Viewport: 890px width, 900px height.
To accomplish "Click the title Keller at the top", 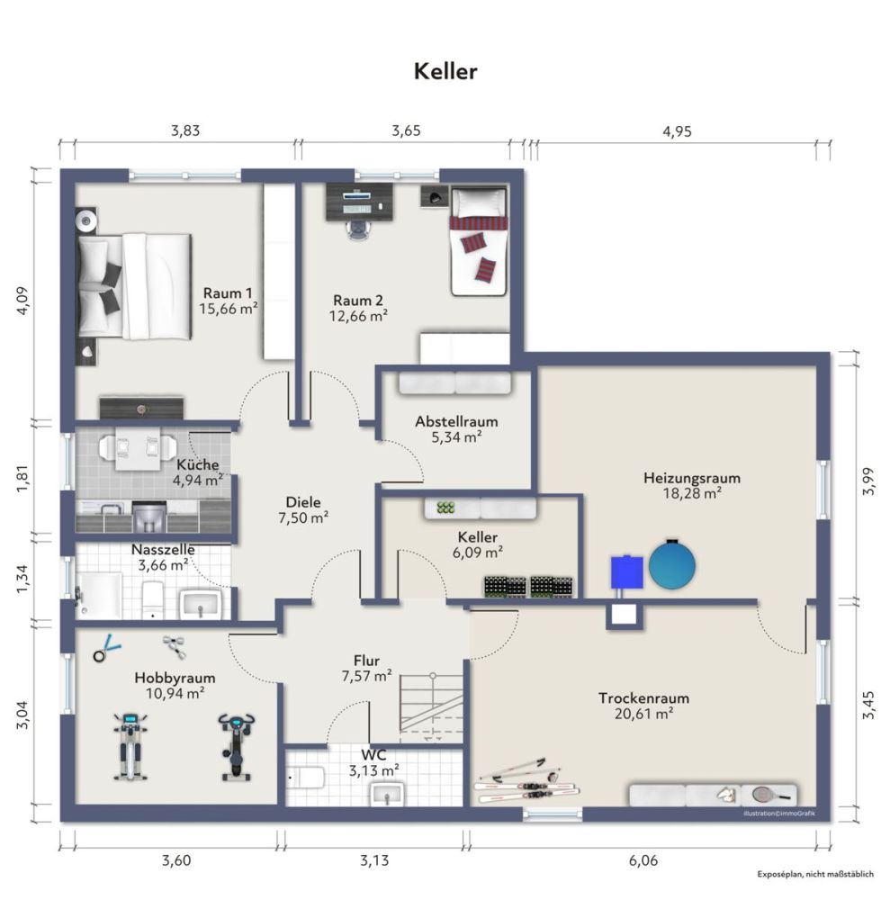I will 445,72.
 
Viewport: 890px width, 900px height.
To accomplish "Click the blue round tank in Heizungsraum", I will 672,564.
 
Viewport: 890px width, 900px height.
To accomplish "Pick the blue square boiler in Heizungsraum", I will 627,571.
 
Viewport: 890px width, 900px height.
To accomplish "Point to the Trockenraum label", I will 643,698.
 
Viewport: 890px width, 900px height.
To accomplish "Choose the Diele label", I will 303,502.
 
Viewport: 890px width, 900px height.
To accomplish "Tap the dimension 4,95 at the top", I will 677,131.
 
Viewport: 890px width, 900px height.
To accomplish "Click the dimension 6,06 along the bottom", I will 642,860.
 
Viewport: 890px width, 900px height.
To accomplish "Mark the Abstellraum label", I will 456,421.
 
